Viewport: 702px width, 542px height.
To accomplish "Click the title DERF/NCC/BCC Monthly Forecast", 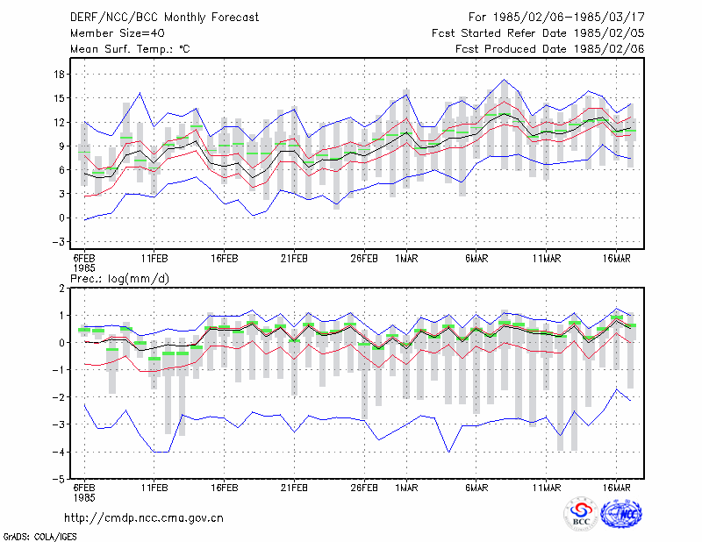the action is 164,18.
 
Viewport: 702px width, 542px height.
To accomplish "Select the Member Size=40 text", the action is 118,33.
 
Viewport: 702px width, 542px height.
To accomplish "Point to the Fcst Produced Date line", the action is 550,49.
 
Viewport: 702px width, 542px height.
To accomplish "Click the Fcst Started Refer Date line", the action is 538,33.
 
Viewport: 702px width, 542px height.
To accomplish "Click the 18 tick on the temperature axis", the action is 60,75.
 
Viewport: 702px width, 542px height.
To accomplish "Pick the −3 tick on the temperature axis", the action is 58,242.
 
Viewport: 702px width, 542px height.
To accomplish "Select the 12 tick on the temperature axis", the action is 60,122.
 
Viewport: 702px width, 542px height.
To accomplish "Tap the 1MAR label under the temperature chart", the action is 406,259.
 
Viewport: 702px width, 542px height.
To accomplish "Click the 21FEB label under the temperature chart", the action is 294,259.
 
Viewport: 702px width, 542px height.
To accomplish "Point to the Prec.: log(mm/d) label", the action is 120,279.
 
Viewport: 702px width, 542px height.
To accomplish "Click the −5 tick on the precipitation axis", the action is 58,480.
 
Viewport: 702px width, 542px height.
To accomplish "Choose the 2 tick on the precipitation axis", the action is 61,289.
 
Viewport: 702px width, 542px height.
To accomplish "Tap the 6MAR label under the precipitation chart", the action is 476,488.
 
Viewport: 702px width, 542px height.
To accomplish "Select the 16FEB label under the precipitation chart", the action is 225,488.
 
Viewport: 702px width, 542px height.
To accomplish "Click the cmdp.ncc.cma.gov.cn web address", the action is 144,518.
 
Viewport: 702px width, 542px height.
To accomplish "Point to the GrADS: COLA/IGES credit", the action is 39,537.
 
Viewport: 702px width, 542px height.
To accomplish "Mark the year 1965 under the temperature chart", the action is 84,268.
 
